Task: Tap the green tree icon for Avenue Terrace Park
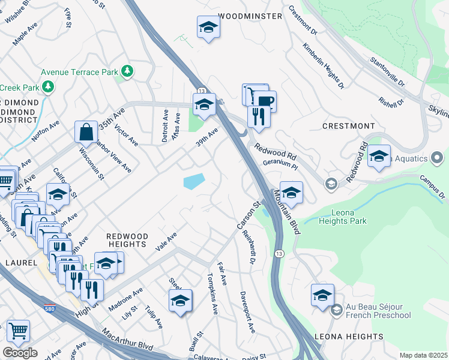point(127,71)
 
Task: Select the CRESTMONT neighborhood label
point(348,126)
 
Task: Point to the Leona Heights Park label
point(349,217)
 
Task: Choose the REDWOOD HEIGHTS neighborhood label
point(127,240)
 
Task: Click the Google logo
point(20,353)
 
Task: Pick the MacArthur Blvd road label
point(127,340)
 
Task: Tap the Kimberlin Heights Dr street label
point(324,66)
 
